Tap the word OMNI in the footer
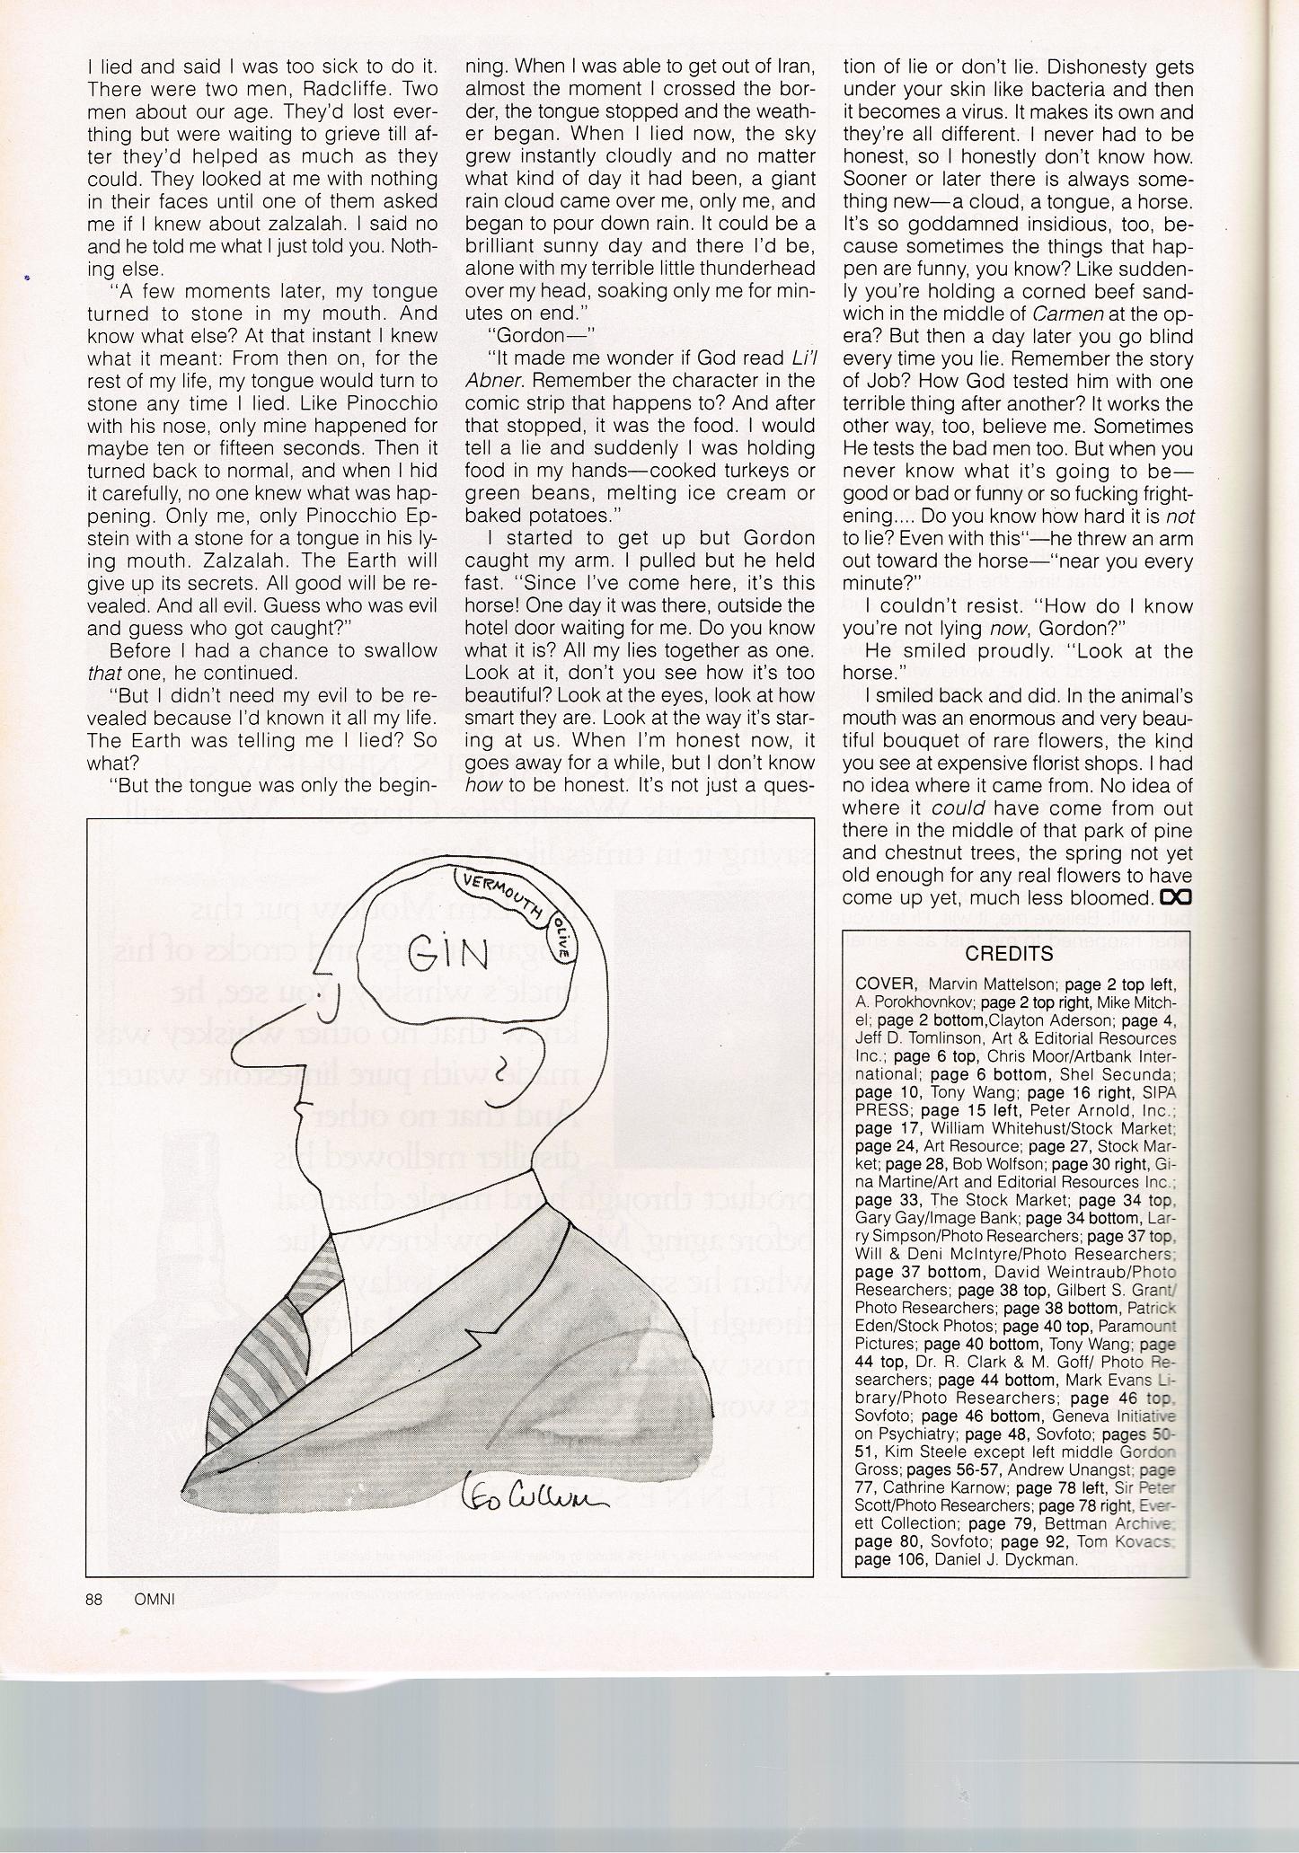point(154,1599)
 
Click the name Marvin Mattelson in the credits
point(987,984)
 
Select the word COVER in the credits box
point(886,984)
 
